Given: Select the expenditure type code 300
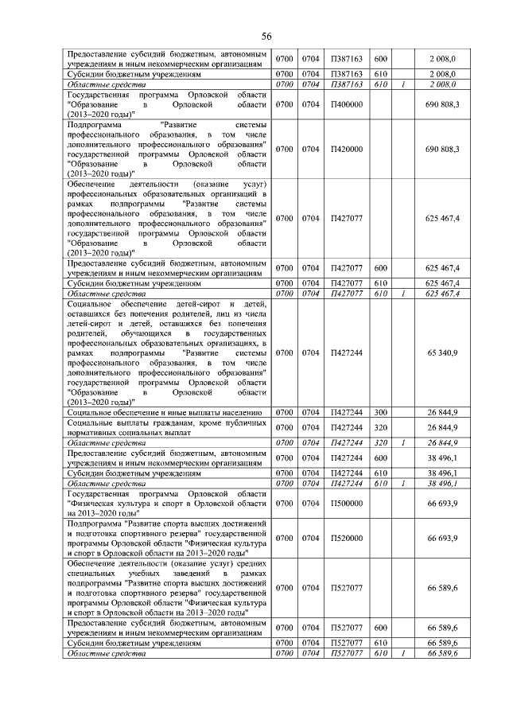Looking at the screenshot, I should tap(380, 413).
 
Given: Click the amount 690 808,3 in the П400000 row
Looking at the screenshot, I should tap(442, 104).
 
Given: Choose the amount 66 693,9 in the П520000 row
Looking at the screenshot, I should tap(442, 539).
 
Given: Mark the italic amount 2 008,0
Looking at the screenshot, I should tap(442, 84).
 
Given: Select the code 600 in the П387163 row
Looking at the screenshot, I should tap(380, 60).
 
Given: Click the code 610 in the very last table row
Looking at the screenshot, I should tap(380, 653).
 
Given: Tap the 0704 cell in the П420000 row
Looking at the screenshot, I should tap(310, 149).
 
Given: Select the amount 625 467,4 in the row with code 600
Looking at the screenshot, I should tap(442, 268).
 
